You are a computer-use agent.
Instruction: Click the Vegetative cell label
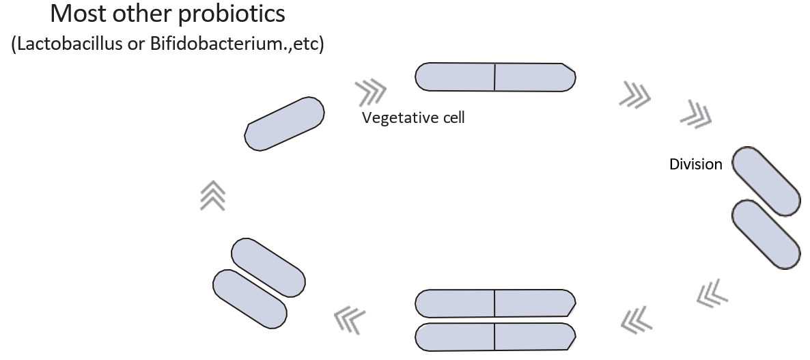[413, 117]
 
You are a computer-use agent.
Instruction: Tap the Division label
[695, 164]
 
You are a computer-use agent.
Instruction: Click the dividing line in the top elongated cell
[494, 77]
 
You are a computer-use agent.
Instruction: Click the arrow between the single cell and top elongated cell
[370, 89]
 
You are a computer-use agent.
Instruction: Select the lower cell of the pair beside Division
[766, 234]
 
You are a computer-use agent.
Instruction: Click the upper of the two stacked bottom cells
[495, 303]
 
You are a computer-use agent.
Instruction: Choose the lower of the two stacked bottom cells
[495, 335]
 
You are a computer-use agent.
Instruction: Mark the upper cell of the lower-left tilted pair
[268, 267]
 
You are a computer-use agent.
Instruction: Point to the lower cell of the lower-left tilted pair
[250, 298]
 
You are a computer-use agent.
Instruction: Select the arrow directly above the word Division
[697, 113]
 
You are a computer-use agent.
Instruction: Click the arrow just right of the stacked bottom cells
[637, 317]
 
